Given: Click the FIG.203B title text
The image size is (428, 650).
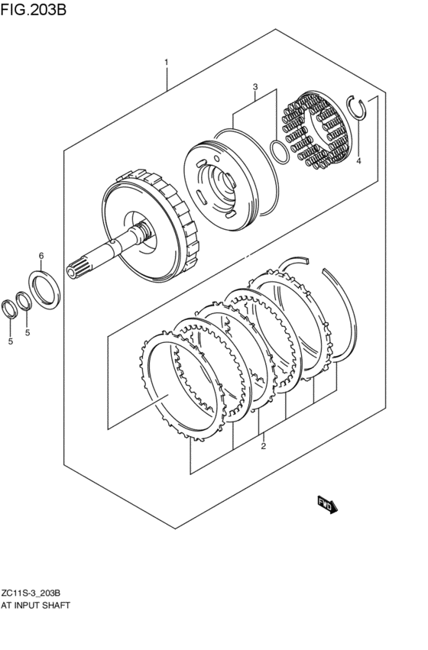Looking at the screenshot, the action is click(34, 9).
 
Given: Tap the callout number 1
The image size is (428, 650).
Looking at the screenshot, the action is click(167, 63).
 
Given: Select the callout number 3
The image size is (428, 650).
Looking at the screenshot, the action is click(255, 87).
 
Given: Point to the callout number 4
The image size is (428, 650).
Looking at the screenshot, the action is click(358, 161).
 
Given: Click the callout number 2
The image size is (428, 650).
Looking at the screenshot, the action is click(264, 446).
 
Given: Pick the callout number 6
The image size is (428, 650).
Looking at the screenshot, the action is click(41, 256).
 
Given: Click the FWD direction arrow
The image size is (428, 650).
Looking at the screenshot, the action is click(328, 505).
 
